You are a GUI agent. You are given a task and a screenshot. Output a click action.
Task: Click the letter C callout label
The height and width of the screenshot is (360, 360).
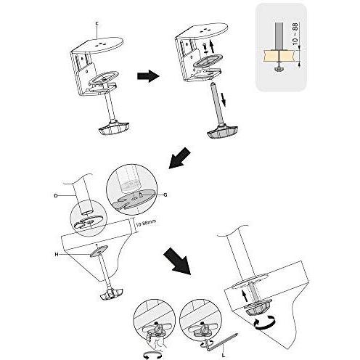click(x=97, y=23)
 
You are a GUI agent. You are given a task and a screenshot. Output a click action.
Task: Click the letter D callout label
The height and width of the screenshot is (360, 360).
click(x=56, y=195)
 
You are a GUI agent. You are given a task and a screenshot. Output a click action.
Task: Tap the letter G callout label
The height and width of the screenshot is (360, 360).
click(x=165, y=195)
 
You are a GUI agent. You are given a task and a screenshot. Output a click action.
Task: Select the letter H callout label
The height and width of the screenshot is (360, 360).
click(x=57, y=254)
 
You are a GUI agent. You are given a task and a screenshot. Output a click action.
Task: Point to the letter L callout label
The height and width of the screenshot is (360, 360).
click(x=224, y=356)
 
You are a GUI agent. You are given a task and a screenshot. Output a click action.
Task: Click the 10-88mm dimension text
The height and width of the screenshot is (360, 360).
click(x=146, y=223)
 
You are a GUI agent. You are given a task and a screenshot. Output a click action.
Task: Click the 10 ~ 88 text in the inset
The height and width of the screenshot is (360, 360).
click(x=295, y=33)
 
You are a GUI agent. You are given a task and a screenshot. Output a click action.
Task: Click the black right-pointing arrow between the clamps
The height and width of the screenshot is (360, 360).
click(x=148, y=76)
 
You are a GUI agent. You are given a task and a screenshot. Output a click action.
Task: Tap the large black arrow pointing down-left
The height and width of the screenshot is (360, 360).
click(x=180, y=157)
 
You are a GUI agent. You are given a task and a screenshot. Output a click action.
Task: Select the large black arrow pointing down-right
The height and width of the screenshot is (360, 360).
click(x=177, y=261)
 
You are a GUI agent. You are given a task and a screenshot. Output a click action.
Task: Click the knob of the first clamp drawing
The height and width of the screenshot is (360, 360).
click(x=114, y=128)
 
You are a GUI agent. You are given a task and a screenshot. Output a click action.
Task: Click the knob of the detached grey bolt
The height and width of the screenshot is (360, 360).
click(x=223, y=131)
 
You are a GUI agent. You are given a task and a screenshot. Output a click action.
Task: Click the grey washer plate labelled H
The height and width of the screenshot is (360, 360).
click(x=99, y=250)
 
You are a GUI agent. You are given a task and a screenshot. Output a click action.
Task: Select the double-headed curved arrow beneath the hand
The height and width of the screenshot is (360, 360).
click(x=152, y=355)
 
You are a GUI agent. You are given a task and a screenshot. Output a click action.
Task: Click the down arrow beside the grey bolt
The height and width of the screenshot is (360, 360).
click(x=224, y=99)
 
